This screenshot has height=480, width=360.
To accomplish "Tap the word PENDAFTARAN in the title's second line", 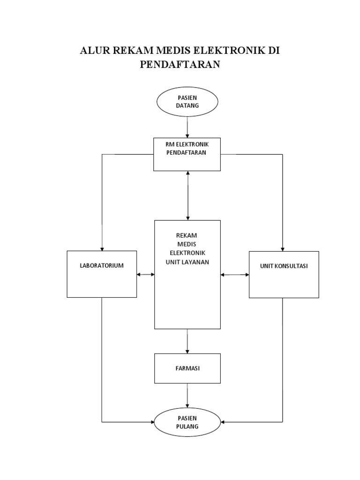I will click(180, 65).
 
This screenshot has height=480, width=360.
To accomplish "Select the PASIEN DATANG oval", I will click(187, 102).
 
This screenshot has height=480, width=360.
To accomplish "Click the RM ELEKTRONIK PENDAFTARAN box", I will click(187, 154).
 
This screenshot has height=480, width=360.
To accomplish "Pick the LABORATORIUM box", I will click(102, 274).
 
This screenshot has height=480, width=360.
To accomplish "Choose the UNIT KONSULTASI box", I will click(284, 274).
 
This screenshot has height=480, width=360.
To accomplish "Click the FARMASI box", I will click(187, 368).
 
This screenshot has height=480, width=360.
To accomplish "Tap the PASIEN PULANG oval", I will click(187, 422).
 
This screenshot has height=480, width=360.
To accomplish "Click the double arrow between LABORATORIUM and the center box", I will click(146, 274).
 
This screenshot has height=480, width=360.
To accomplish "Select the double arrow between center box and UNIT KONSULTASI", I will click(234, 274).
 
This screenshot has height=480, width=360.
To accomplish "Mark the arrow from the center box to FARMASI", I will click(187, 341).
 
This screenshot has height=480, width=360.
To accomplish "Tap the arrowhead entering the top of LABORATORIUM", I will click(102, 248).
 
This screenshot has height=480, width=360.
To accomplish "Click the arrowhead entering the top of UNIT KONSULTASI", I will click(282, 248).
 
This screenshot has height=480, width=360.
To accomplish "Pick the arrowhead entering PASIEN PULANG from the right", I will click(224, 422).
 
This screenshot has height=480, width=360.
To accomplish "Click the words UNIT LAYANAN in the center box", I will click(187, 262).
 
